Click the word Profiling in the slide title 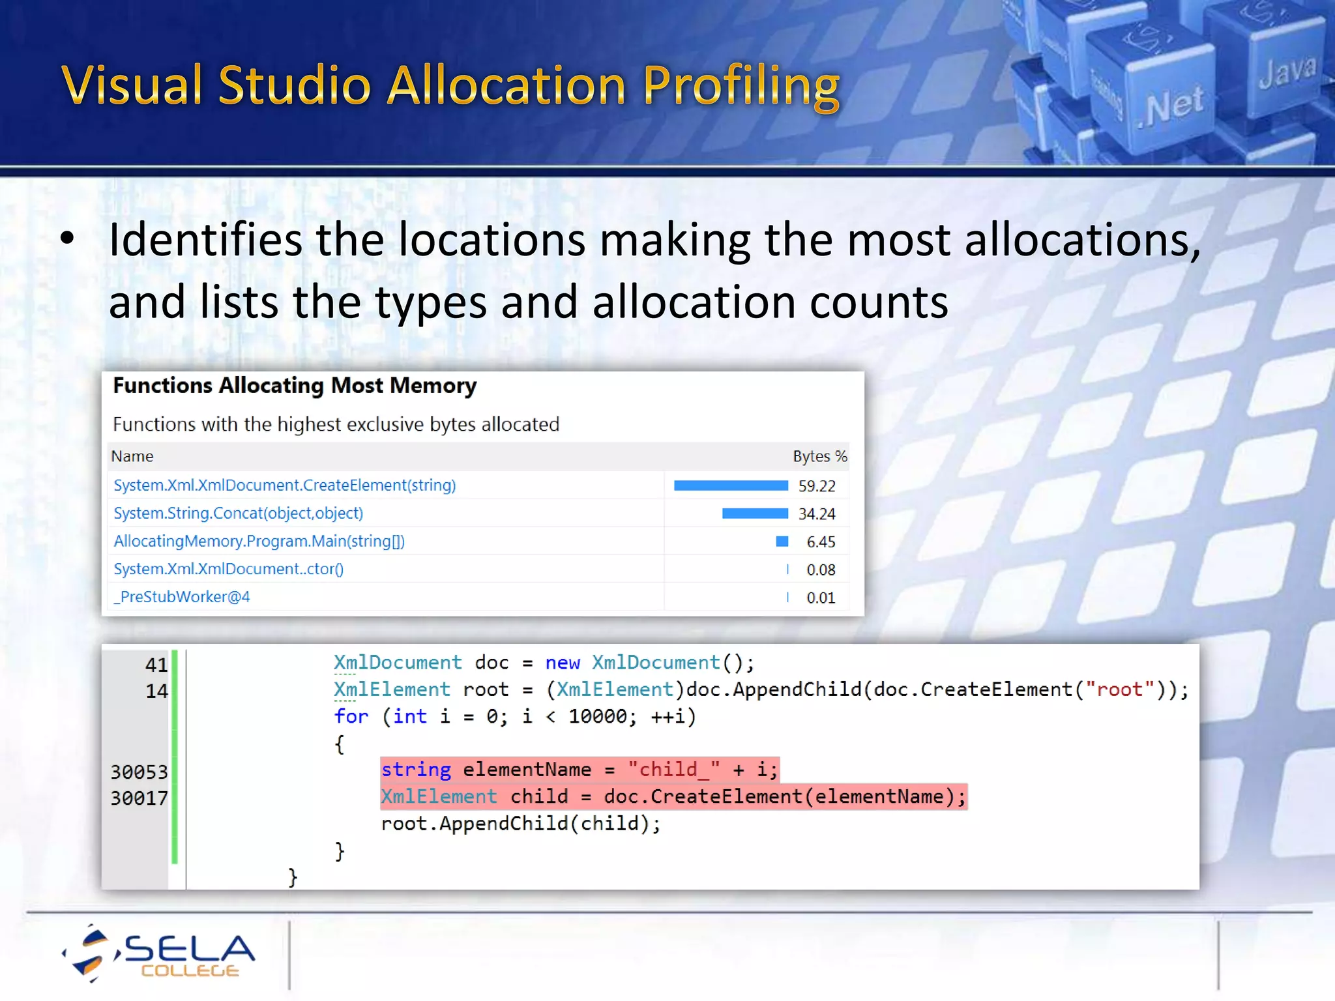[x=741, y=86]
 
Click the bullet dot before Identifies [x=67, y=239]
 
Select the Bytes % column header [x=819, y=456]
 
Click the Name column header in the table [x=132, y=456]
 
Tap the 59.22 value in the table [x=816, y=486]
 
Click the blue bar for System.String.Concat [x=755, y=514]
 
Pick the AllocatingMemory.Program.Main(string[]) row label [x=259, y=542]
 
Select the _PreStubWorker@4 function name [x=182, y=597]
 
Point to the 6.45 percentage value [x=820, y=542]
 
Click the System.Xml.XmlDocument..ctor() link [x=228, y=570]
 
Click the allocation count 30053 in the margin [x=139, y=772]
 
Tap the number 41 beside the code [x=156, y=665]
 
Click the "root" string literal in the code [x=1119, y=689]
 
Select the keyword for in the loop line [x=351, y=717]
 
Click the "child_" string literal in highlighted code [x=673, y=770]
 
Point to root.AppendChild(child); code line [x=520, y=824]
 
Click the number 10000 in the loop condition [x=597, y=717]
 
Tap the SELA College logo [x=160, y=953]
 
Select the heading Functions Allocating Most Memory [x=295, y=386]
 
